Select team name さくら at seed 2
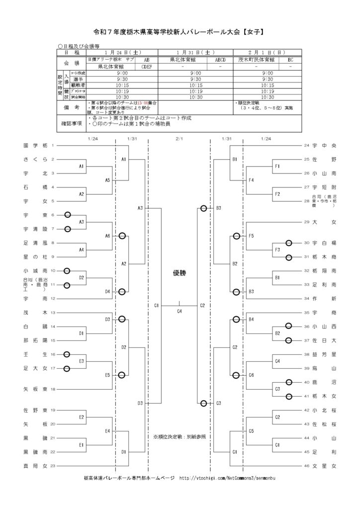pos(35,160)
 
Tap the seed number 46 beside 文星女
pos(307,466)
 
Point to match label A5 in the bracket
pos(107,180)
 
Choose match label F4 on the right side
pos(251,180)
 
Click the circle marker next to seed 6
pos(67,215)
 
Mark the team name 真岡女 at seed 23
pos(35,466)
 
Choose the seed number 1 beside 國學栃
pos(52,146)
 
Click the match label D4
pos(107,291)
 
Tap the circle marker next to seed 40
pos(288,382)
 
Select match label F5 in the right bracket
pos(251,236)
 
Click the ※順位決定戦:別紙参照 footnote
pos(180,436)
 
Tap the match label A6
pos(107,236)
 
